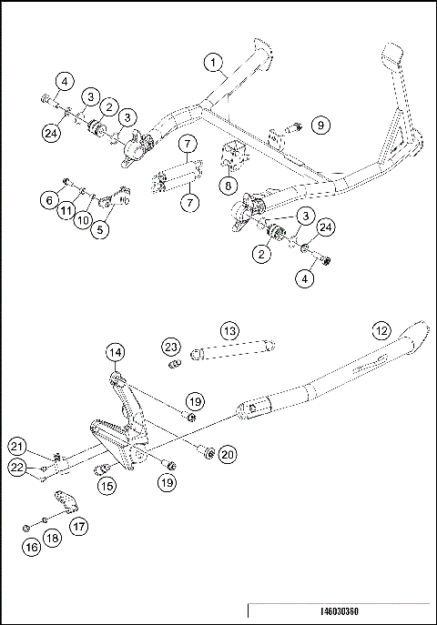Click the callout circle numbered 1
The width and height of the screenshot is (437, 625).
(x=212, y=63)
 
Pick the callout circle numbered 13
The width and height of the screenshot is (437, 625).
(x=229, y=329)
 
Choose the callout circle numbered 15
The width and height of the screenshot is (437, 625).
(x=107, y=487)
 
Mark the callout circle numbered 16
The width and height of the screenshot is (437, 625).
(x=33, y=547)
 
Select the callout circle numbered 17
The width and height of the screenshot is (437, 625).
(x=79, y=525)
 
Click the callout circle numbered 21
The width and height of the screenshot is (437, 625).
(x=17, y=445)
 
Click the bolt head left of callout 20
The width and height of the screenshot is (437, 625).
(x=208, y=451)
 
